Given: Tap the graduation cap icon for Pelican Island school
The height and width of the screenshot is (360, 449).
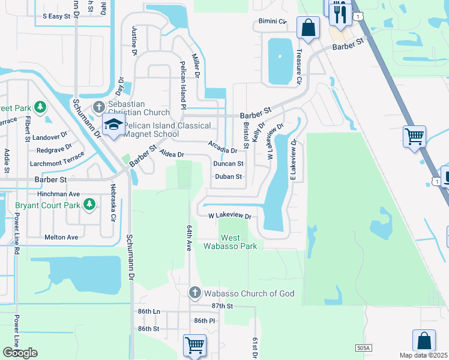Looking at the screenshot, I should click(x=113, y=124).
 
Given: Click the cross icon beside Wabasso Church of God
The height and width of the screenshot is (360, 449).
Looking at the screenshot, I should click(x=194, y=293).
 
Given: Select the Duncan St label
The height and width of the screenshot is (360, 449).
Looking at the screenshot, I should click(x=228, y=163).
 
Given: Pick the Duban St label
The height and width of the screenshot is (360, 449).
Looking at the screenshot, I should click(x=228, y=177).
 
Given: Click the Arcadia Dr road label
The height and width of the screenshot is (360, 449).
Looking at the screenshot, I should click(x=223, y=146).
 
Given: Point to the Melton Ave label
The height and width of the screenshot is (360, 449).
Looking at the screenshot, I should click(x=61, y=238).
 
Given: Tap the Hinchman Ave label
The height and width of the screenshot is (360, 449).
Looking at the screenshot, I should click(x=58, y=194).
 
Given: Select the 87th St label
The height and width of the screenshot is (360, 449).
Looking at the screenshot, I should click(x=221, y=306).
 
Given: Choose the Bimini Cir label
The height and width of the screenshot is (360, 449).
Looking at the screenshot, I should click(x=272, y=21).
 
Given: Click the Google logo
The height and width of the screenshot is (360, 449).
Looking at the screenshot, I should click(x=20, y=353).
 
